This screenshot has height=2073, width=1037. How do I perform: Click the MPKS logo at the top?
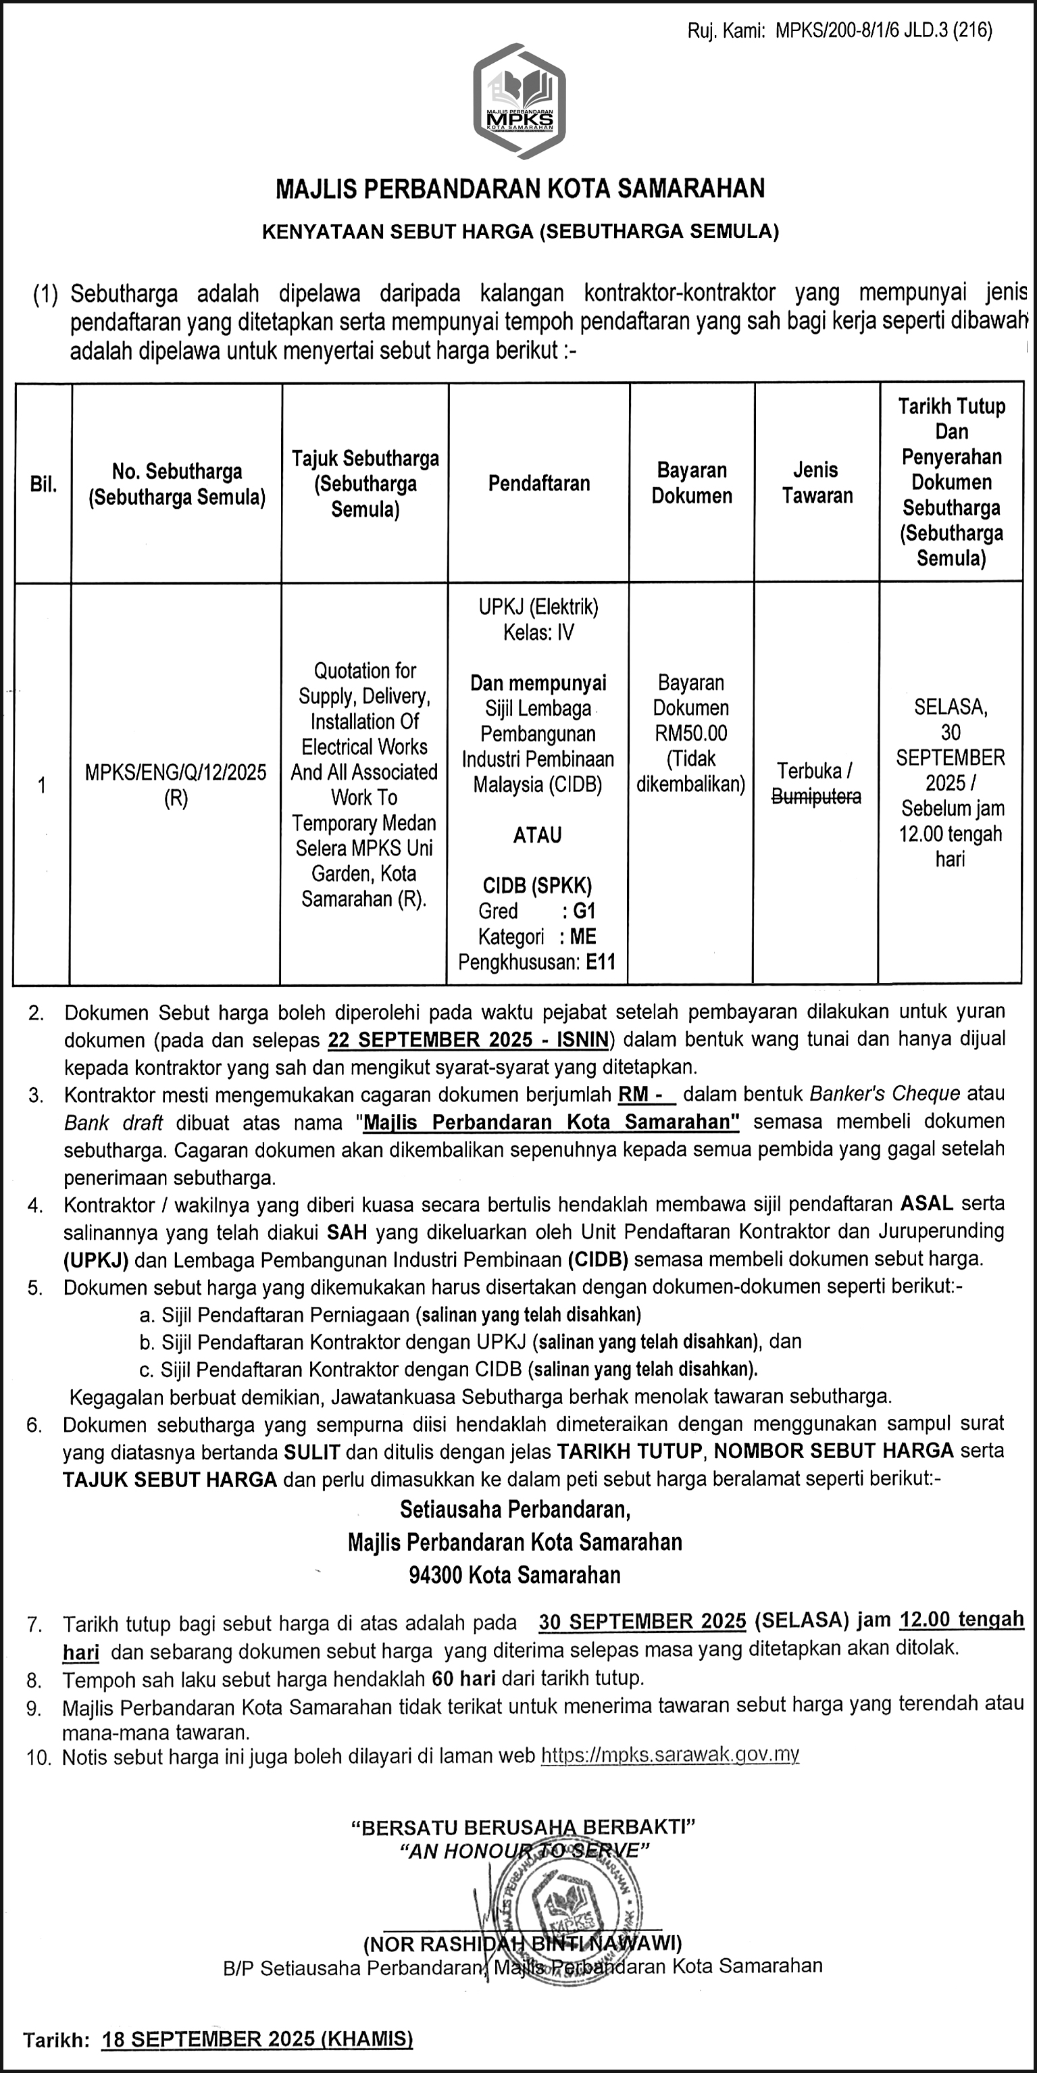click(519, 102)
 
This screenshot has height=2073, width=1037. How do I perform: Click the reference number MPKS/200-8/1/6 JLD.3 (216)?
click(884, 31)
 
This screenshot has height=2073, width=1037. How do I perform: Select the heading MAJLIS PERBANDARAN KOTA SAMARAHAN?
click(520, 189)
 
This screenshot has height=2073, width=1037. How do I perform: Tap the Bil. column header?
click(43, 484)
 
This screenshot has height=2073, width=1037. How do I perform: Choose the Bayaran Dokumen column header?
click(691, 483)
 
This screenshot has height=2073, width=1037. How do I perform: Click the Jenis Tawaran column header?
click(817, 483)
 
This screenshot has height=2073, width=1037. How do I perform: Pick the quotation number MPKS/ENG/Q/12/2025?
click(176, 772)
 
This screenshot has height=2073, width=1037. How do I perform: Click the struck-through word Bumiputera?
click(817, 797)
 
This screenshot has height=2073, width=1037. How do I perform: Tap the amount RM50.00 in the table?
click(691, 733)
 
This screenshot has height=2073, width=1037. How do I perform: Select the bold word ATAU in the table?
click(537, 835)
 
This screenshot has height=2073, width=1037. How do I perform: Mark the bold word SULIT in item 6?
click(312, 1452)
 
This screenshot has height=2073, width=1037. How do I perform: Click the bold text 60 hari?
click(463, 1678)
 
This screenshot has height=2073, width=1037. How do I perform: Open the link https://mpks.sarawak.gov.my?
click(669, 1755)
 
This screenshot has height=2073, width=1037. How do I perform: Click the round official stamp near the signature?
click(568, 1908)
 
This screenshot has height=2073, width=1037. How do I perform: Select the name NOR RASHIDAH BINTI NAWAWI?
click(522, 1944)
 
